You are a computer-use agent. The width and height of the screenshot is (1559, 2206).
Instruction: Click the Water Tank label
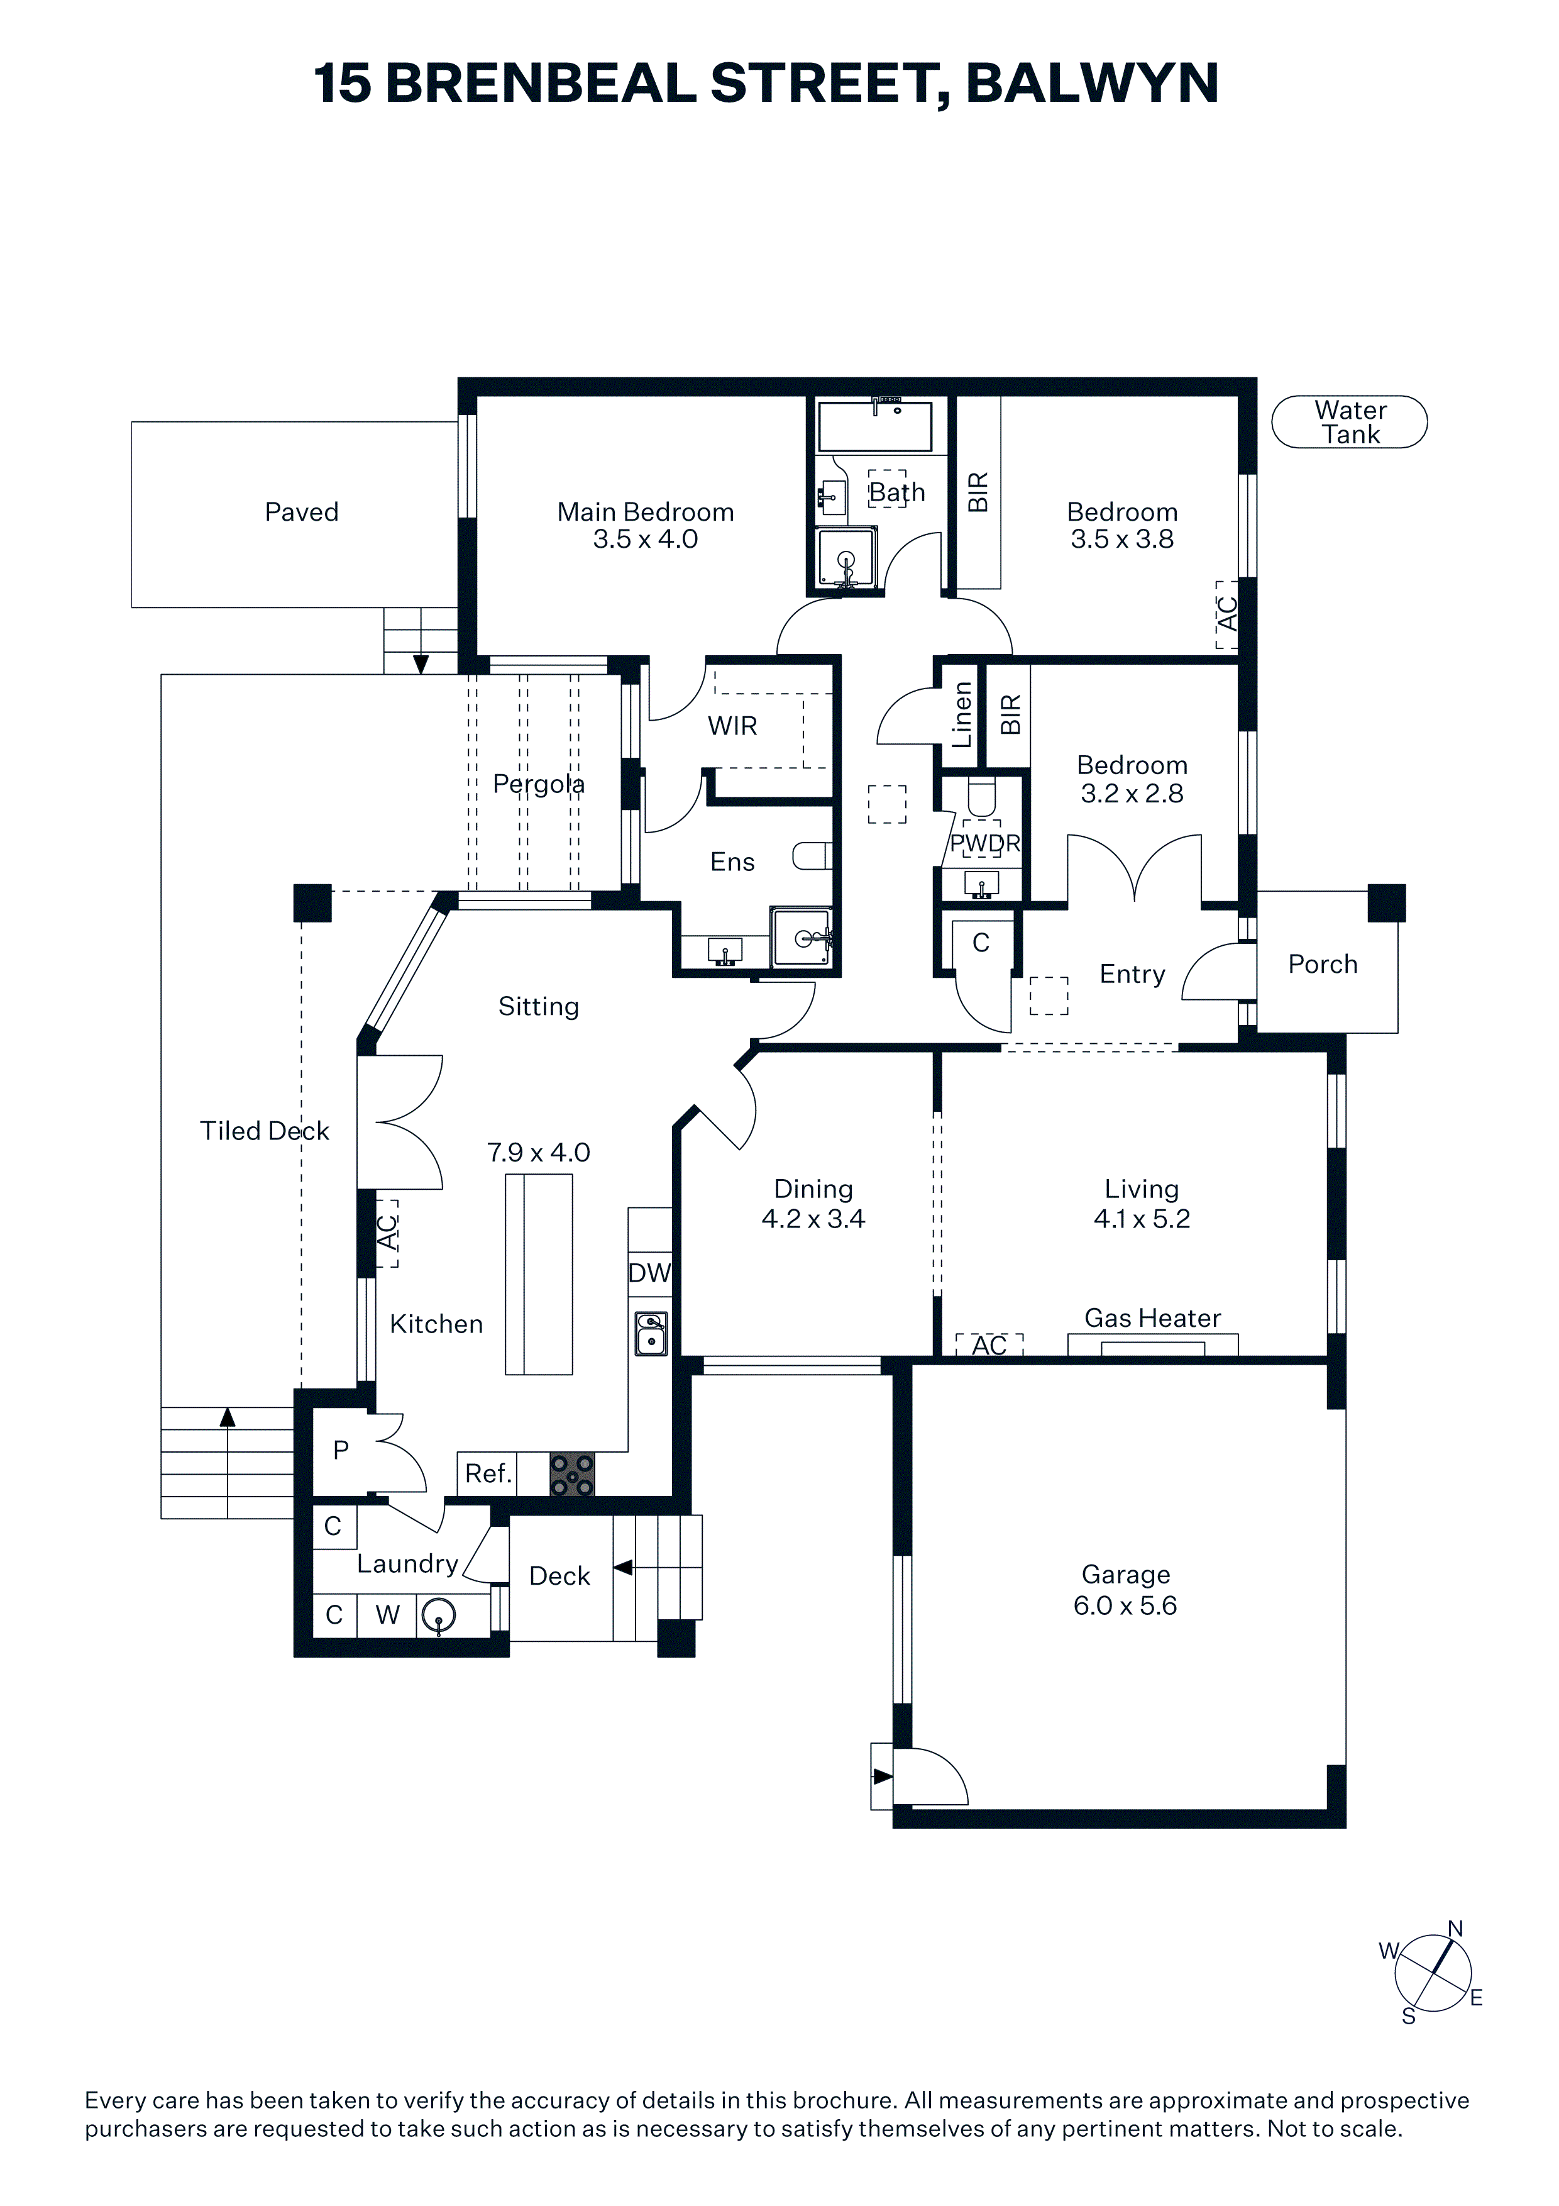(1350, 423)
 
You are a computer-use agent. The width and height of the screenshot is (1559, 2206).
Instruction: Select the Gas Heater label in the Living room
(1153, 1318)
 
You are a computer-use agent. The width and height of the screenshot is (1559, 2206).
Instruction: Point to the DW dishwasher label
(649, 1273)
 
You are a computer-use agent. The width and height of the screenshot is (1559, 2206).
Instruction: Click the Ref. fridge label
(488, 1473)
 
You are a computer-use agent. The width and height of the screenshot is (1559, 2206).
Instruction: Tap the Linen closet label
(962, 715)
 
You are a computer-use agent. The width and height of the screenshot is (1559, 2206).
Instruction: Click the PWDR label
(984, 843)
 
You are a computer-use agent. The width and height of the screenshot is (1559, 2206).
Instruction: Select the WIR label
(733, 726)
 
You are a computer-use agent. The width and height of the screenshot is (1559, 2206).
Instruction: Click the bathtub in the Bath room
(874, 426)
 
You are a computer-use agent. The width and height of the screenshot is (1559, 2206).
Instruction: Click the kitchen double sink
(651, 1334)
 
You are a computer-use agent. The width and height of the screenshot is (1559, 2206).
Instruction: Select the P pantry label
(341, 1450)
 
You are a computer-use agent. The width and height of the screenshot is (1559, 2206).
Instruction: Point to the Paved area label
(302, 512)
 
